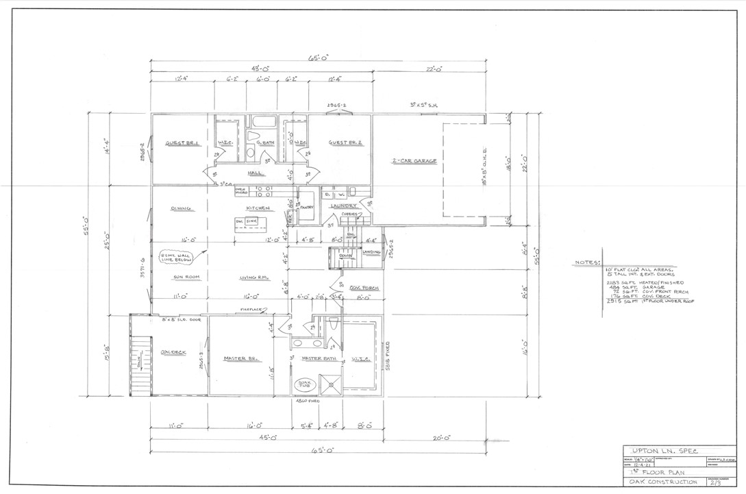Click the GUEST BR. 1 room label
[x=182, y=143]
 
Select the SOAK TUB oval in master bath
[x=301, y=386]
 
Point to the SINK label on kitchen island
[x=251, y=222]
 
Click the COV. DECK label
[x=174, y=352]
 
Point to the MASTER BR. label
[x=240, y=358]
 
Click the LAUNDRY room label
[x=343, y=206]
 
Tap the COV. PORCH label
[x=360, y=288]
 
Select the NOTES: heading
[x=588, y=262]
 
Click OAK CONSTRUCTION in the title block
[x=659, y=482]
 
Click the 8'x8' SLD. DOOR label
[x=181, y=320]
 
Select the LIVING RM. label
[x=253, y=277]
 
